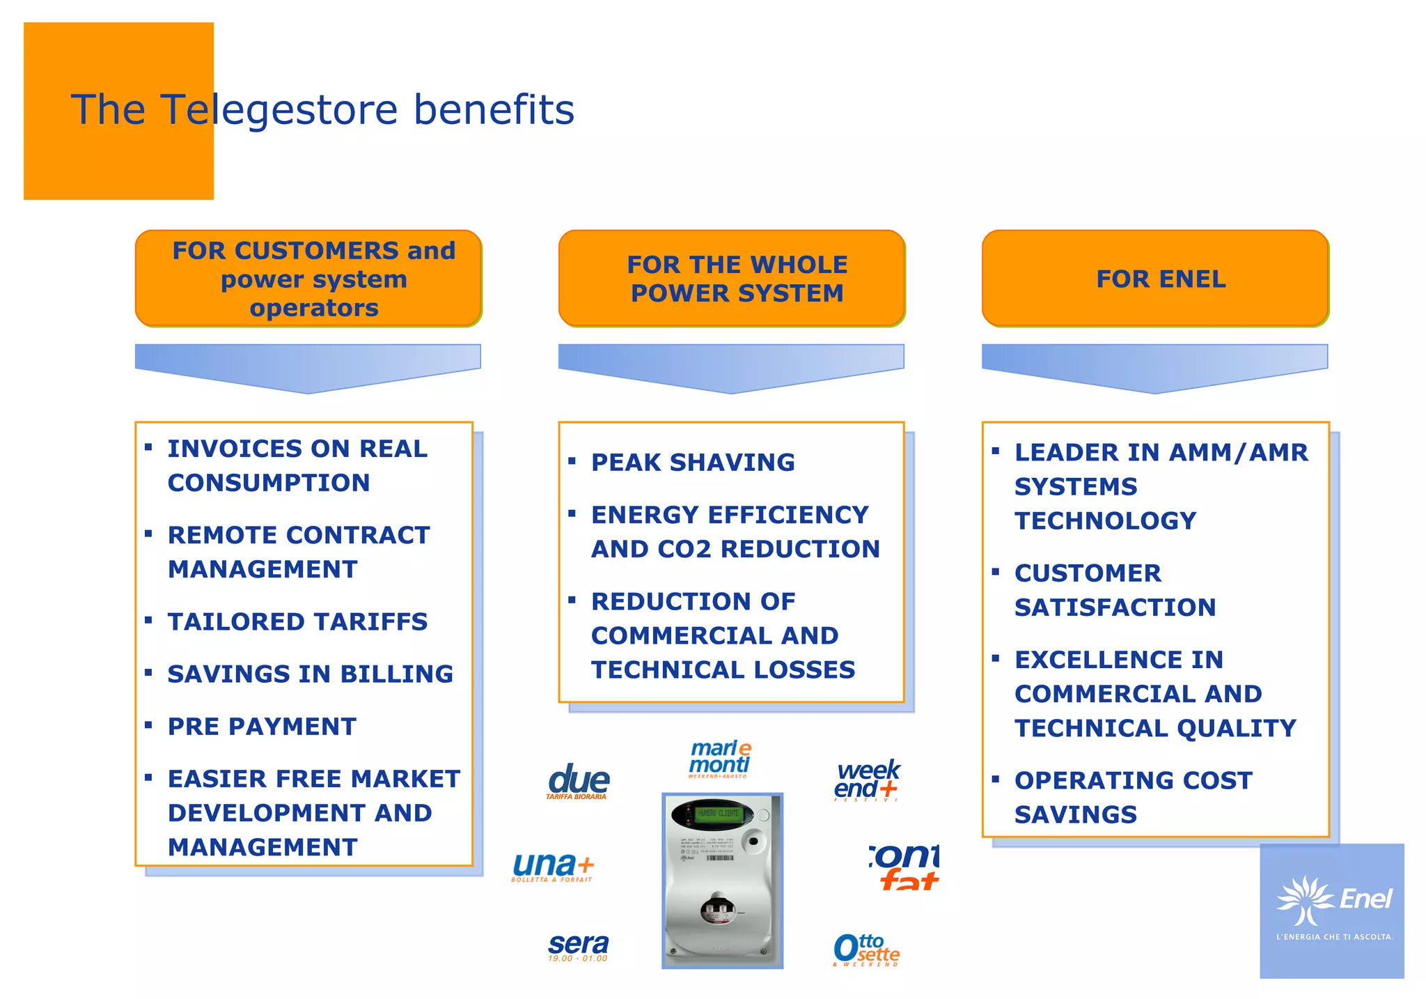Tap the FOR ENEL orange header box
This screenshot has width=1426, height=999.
(1155, 279)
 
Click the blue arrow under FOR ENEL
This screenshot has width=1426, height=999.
(1154, 367)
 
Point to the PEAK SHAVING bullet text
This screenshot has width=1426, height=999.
(692, 463)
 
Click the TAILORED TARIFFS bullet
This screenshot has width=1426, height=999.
(297, 621)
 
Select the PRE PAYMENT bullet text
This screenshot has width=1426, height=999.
(262, 727)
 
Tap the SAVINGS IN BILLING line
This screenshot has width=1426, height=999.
(310, 674)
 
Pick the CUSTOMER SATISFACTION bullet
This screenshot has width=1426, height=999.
(1114, 590)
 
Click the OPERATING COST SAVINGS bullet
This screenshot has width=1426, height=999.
(1132, 797)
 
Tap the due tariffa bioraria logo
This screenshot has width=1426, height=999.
(578, 782)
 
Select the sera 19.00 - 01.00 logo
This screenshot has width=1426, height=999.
(578, 947)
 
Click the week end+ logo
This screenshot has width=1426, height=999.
(867, 780)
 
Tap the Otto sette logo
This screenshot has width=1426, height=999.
(865, 950)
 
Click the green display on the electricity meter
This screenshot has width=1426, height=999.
(717, 813)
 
